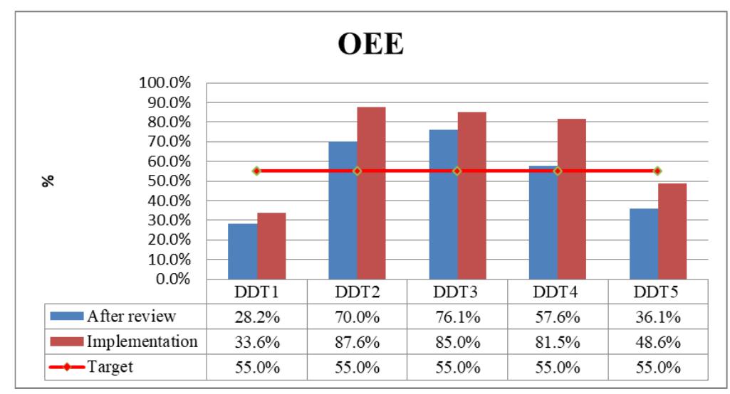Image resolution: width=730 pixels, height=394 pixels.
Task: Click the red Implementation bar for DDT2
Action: pyautogui.click(x=371, y=193)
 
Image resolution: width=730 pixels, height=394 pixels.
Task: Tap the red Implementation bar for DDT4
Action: pyautogui.click(x=572, y=199)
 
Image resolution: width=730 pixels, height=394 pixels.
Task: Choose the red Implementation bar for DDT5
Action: pyautogui.click(x=672, y=231)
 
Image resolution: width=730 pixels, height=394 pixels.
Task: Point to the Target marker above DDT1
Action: pyautogui.click(x=256, y=171)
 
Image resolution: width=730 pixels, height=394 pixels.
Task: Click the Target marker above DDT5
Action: pyautogui.click(x=657, y=171)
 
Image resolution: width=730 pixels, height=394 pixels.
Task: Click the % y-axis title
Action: pyautogui.click(x=49, y=181)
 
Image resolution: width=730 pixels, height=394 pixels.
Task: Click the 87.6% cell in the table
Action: pyautogui.click(x=357, y=341)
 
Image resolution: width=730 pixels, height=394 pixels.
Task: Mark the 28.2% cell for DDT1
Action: pyautogui.click(x=256, y=316)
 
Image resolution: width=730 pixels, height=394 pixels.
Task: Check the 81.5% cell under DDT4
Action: pyautogui.click(x=557, y=341)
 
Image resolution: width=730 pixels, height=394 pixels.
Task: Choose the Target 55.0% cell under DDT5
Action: pyautogui.click(x=657, y=366)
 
